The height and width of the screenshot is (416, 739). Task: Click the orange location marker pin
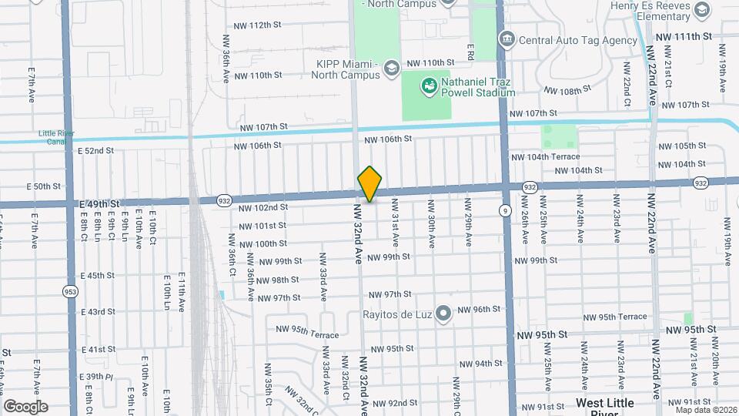[370, 184]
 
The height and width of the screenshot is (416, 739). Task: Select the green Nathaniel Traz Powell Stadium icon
[427, 87]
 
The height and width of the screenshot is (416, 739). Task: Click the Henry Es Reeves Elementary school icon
[701, 9]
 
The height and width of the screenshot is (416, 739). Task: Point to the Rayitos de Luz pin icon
[443, 313]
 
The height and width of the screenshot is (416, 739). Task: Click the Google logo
[25, 406]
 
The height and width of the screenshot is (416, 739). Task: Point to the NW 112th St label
[258, 25]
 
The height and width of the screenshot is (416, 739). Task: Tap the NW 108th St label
[567, 90]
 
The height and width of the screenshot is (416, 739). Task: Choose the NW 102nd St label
[263, 207]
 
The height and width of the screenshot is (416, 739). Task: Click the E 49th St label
[99, 203]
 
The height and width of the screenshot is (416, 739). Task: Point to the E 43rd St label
[98, 311]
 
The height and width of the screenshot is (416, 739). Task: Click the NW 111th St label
[684, 37]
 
